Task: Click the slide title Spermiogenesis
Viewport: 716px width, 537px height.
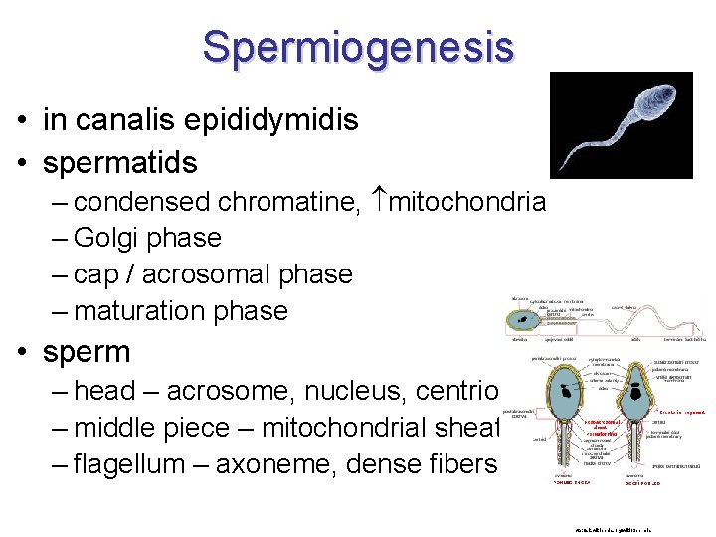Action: pyautogui.click(x=358, y=46)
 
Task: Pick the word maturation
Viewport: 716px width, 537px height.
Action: pyautogui.click(x=149, y=311)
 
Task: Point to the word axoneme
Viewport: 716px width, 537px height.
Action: pyautogui.click(x=266, y=464)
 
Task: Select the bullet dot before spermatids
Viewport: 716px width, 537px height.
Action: pyautogui.click(x=21, y=162)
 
